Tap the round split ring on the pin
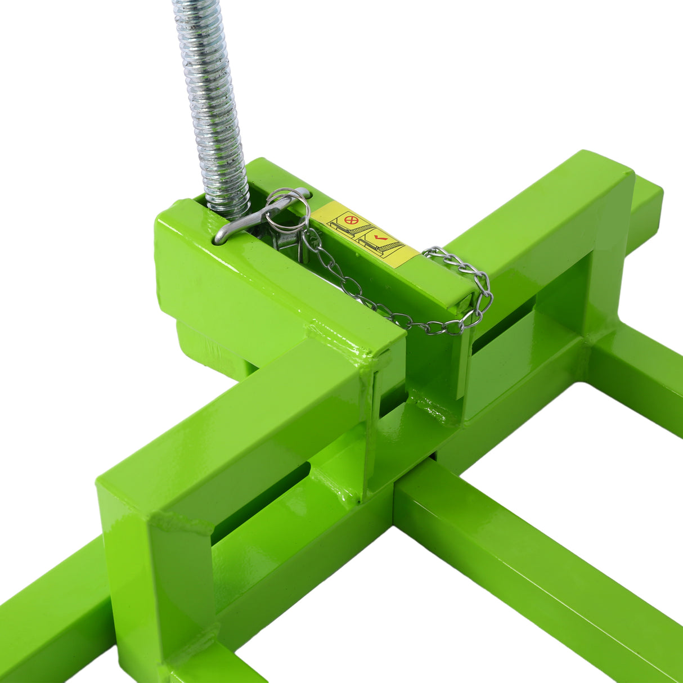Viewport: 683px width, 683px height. [x=287, y=212]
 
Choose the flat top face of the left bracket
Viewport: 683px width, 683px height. [x=236, y=416]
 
